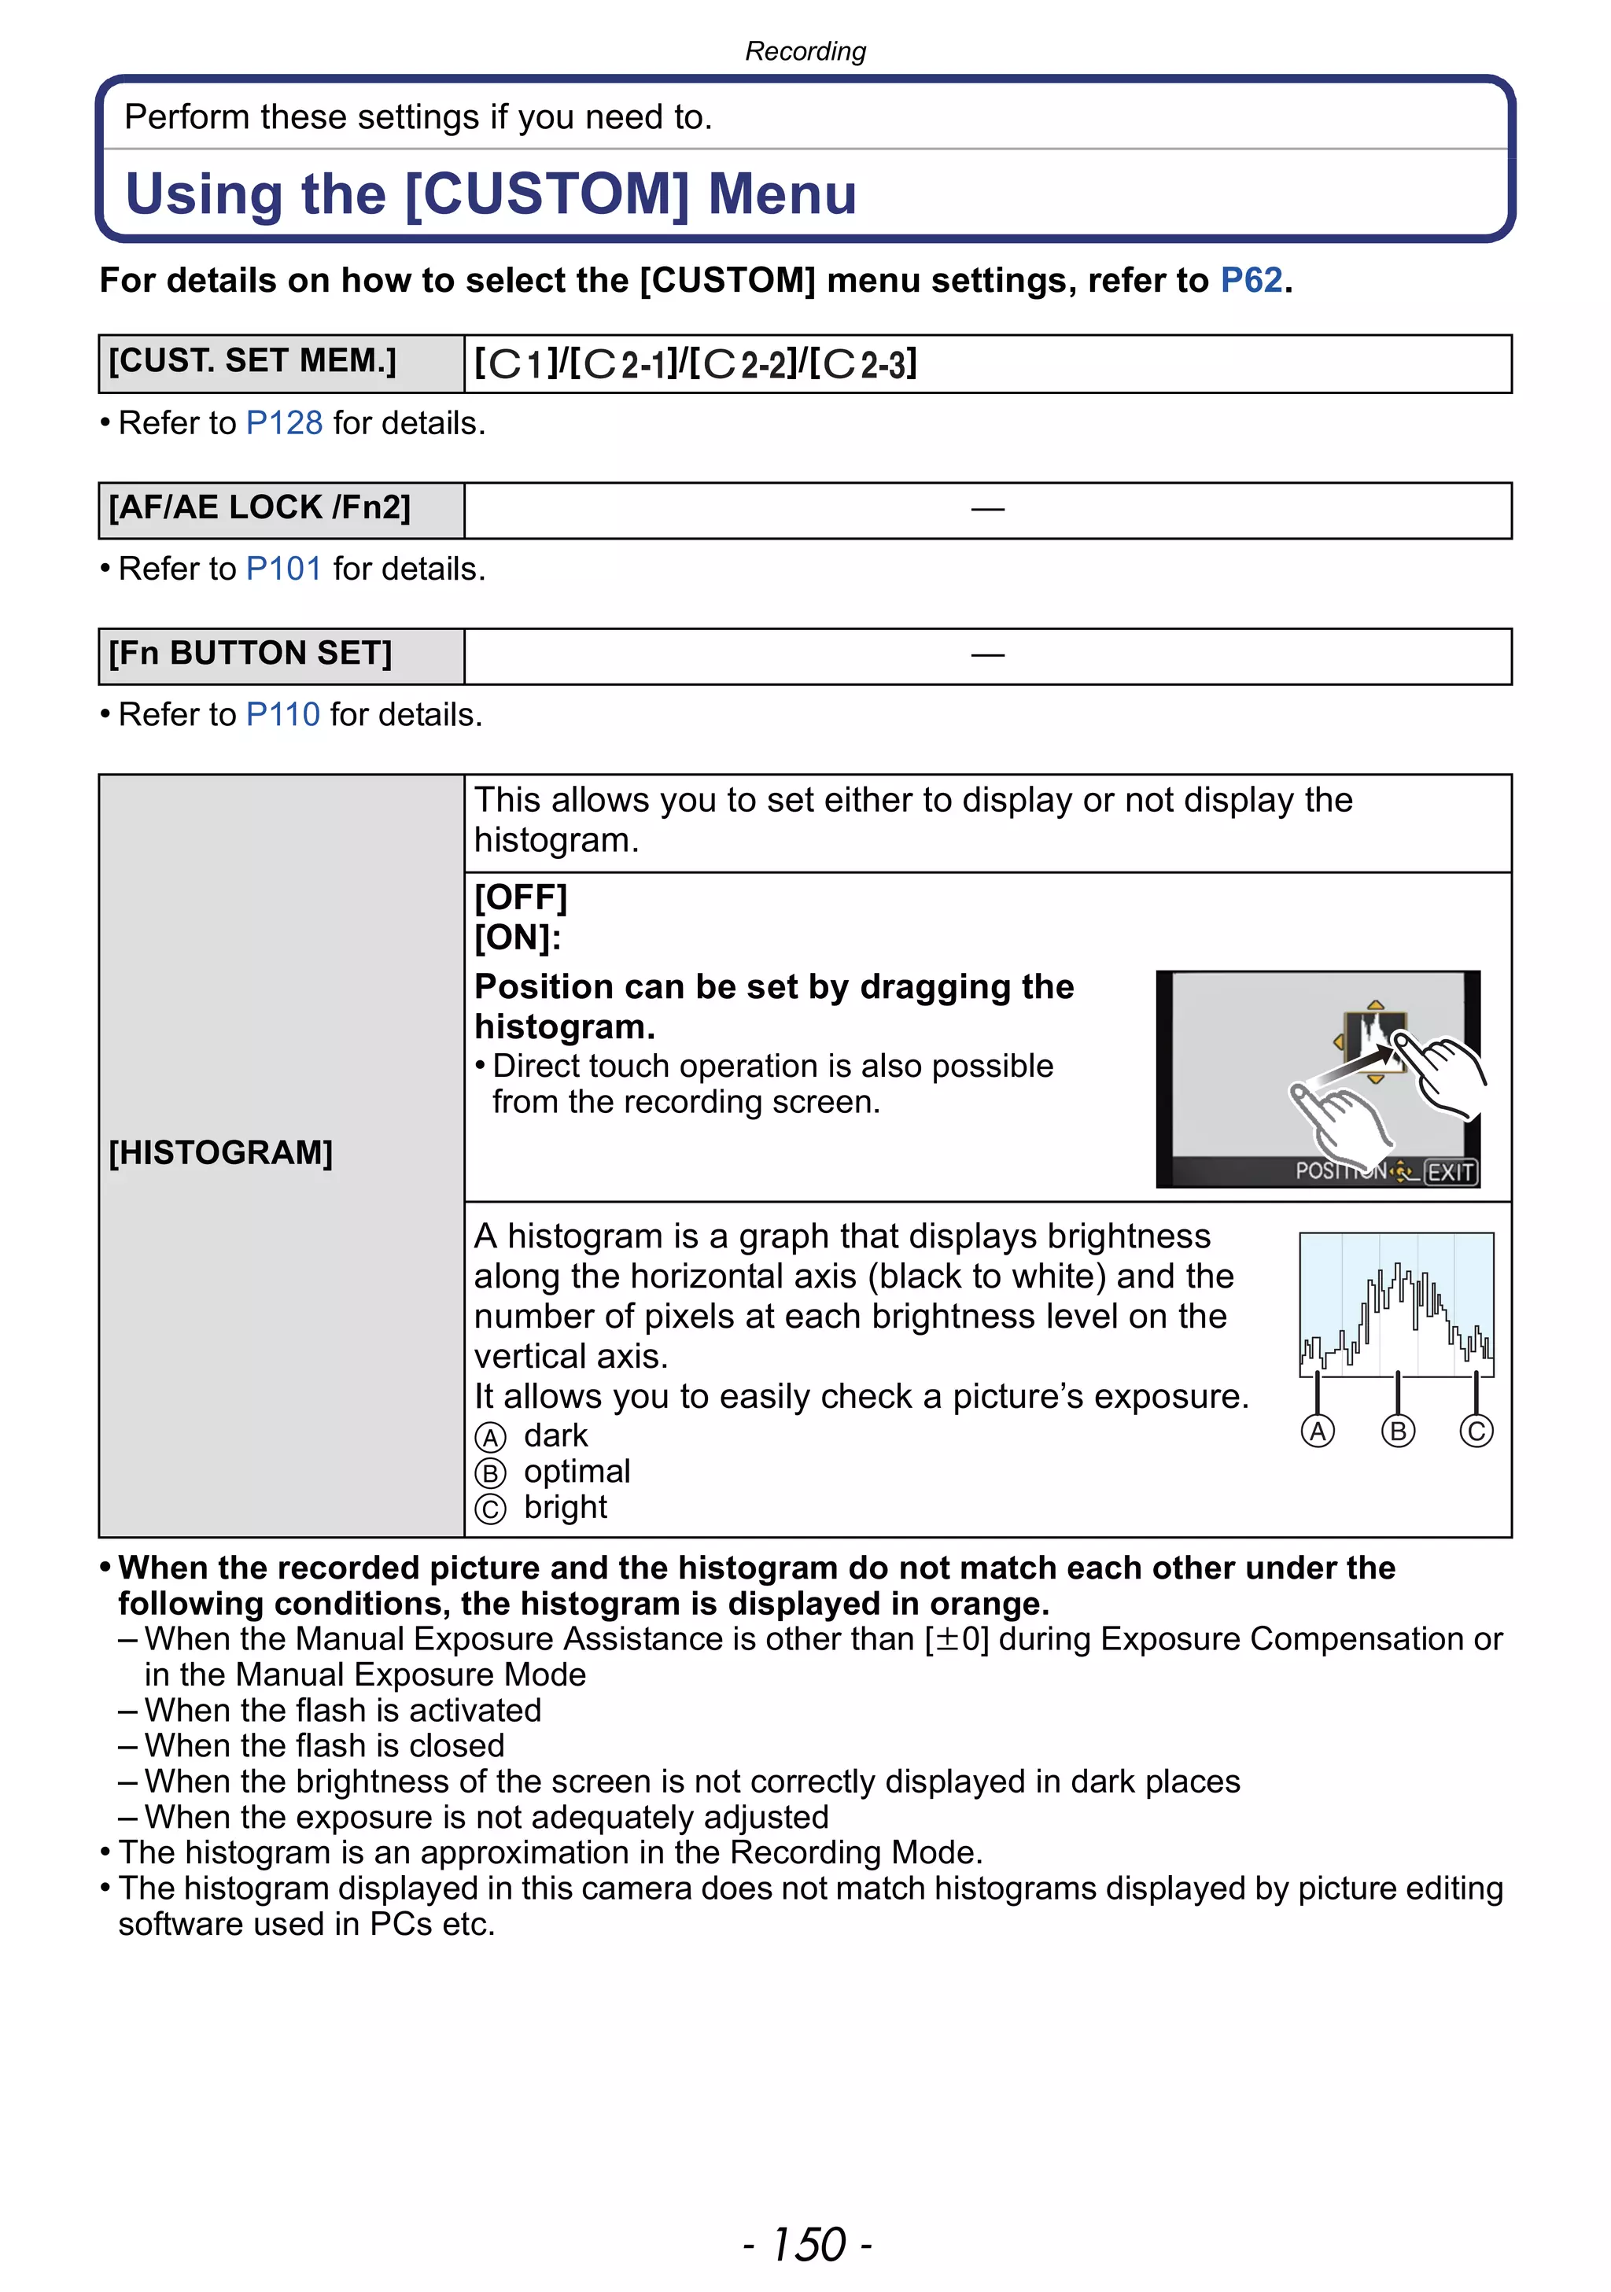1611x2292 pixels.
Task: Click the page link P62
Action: point(1251,281)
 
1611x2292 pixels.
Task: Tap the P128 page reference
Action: point(285,423)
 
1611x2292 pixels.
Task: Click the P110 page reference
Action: point(282,715)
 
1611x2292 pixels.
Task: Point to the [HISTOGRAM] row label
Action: point(220,1153)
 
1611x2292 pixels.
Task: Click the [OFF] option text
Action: point(520,897)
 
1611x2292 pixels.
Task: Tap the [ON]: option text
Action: point(517,938)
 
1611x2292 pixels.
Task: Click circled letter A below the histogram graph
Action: point(1318,1432)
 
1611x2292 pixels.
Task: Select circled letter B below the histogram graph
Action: point(1397,1432)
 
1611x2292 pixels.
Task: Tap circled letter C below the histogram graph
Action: point(1476,1432)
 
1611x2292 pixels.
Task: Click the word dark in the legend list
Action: point(556,1435)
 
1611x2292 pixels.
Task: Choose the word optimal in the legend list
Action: point(577,1472)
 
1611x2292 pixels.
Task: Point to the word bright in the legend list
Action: point(565,1507)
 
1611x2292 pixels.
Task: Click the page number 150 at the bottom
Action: point(808,2245)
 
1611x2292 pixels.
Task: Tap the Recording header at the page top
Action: point(805,51)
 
